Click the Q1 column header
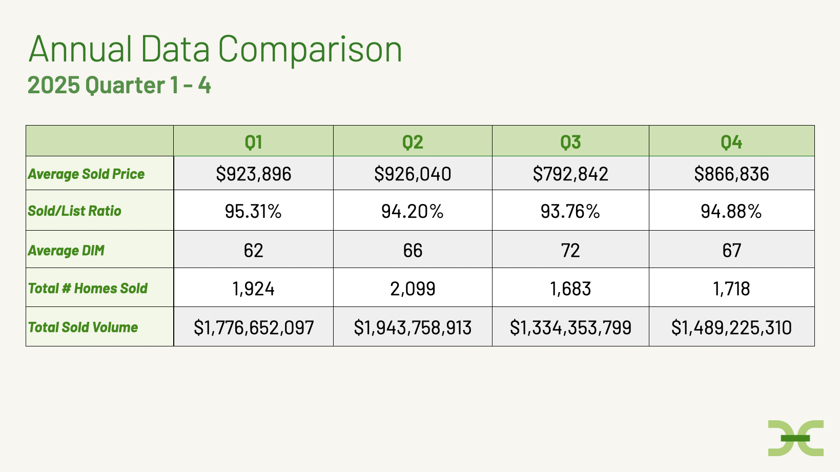click(x=254, y=141)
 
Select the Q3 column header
click(x=570, y=141)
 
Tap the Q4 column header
click(x=731, y=141)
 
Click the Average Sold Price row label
click(x=87, y=174)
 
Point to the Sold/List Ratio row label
click(x=75, y=211)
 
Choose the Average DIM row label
click(x=66, y=251)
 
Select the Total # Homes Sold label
click(x=88, y=289)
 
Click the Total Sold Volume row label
click(x=83, y=327)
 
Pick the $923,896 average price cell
click(x=254, y=174)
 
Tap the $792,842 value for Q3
click(x=570, y=174)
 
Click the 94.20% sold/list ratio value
click(x=413, y=211)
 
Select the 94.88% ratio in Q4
click(x=731, y=211)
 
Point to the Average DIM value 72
click(x=570, y=251)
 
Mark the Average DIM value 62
click(x=254, y=251)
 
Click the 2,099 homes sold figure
click(x=413, y=289)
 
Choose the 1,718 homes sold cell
click(x=731, y=289)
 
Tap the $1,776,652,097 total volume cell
click(x=254, y=327)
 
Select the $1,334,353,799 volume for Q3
click(x=570, y=327)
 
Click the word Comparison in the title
click(x=310, y=50)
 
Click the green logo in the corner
click(x=795, y=438)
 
